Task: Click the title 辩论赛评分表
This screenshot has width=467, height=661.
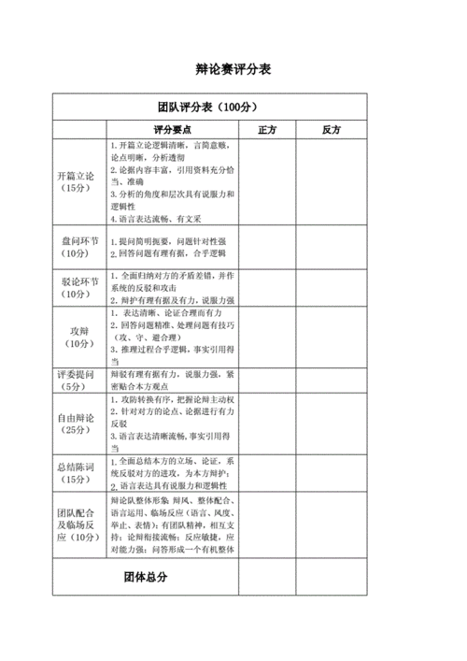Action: click(x=233, y=70)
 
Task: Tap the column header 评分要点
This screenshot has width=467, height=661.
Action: click(x=172, y=129)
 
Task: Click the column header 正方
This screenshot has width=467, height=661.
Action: click(x=266, y=129)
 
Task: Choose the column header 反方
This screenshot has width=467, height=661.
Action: click(x=331, y=129)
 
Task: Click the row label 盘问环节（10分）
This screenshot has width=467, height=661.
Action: click(x=79, y=247)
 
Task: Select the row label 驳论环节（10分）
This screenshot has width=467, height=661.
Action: click(x=79, y=288)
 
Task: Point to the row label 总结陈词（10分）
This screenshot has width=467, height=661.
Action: click(x=79, y=473)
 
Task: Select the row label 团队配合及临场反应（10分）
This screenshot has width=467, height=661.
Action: click(x=79, y=526)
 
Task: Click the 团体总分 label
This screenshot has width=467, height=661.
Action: click(x=145, y=578)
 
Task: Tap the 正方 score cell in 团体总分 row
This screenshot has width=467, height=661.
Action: click(x=266, y=578)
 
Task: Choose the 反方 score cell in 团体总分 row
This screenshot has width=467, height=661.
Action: click(x=331, y=578)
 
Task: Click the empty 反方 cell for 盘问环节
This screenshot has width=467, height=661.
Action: click(x=331, y=247)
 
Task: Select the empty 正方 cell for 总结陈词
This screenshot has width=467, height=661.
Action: click(x=266, y=473)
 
